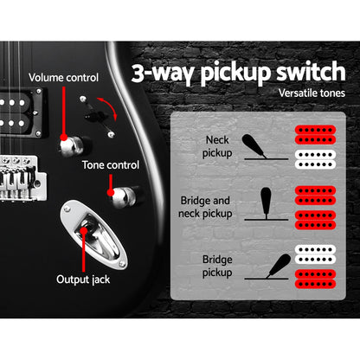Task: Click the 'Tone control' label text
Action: [111, 164]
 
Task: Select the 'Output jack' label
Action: [82, 280]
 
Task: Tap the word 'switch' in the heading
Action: [305, 71]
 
